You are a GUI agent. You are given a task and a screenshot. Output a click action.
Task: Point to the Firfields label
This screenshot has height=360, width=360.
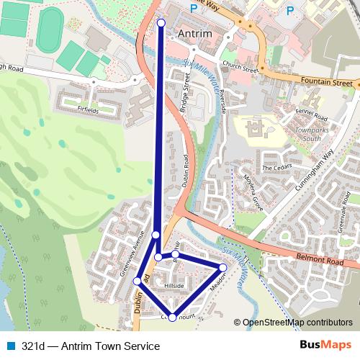pyautogui.click(x=91, y=109)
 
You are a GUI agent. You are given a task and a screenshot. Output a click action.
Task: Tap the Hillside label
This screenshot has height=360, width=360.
pyautogui.click(x=174, y=287)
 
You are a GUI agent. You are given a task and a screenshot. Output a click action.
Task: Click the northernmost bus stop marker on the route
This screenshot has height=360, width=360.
pyautogui.click(x=161, y=23)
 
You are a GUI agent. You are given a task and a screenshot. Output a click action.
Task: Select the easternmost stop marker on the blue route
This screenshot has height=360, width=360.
pyautogui.click(x=223, y=267)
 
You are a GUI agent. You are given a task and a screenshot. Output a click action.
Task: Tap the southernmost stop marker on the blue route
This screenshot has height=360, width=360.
pyautogui.click(x=172, y=318)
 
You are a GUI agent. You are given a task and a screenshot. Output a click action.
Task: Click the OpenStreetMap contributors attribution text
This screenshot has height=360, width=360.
pyautogui.click(x=297, y=323)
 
